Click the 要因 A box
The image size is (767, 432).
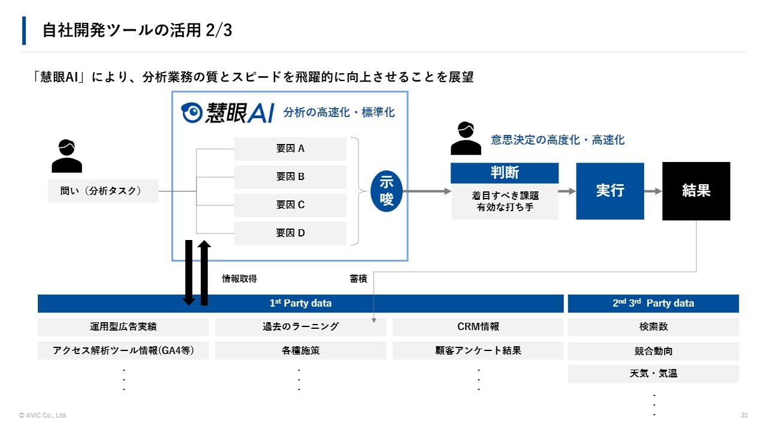click(290, 149)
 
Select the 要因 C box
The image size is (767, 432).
click(290, 205)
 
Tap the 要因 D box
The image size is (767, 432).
click(290, 233)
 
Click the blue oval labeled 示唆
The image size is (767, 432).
click(387, 191)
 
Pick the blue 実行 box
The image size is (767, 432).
click(610, 191)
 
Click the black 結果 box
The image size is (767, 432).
click(696, 191)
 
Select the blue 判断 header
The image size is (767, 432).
click(505, 173)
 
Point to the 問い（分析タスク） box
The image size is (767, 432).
click(103, 191)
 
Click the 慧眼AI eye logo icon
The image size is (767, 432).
click(192, 112)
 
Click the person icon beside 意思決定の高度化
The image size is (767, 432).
click(466, 139)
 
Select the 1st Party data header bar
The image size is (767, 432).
click(300, 304)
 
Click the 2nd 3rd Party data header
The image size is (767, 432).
click(653, 304)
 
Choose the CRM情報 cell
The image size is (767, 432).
click(478, 327)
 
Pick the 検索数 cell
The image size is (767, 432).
click(653, 327)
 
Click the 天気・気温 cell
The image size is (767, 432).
click(653, 374)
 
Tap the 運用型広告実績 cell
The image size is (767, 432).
click(123, 327)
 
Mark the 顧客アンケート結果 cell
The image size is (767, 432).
click(478, 350)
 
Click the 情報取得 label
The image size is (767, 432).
click(240, 279)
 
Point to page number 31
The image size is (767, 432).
click(745, 416)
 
